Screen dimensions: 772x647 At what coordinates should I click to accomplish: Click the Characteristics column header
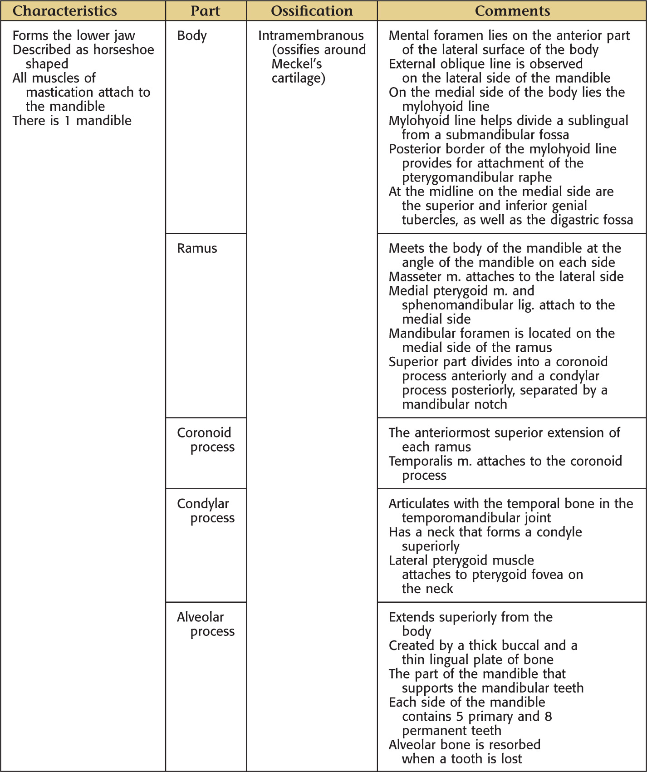point(64,11)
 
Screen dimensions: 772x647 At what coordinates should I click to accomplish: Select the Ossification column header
point(312,11)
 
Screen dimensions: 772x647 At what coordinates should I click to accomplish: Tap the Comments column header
point(512,11)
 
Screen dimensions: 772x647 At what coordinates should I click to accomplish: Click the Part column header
point(205,11)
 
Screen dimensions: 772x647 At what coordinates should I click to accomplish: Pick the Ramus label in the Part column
point(197,248)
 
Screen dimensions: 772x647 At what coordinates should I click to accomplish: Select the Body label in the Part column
point(192,35)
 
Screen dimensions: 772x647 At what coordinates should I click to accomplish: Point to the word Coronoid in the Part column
point(204,433)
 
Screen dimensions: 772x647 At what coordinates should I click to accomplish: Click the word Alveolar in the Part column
point(200,617)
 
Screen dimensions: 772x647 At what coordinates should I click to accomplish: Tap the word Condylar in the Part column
point(203,504)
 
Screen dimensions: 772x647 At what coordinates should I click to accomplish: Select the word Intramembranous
point(311,35)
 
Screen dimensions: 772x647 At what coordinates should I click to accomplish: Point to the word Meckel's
point(297,64)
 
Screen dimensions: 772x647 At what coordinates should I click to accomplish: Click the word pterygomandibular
point(459,177)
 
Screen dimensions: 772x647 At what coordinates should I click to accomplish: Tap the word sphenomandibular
point(459,305)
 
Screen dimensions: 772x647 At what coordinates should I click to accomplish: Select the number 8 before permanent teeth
point(548,717)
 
